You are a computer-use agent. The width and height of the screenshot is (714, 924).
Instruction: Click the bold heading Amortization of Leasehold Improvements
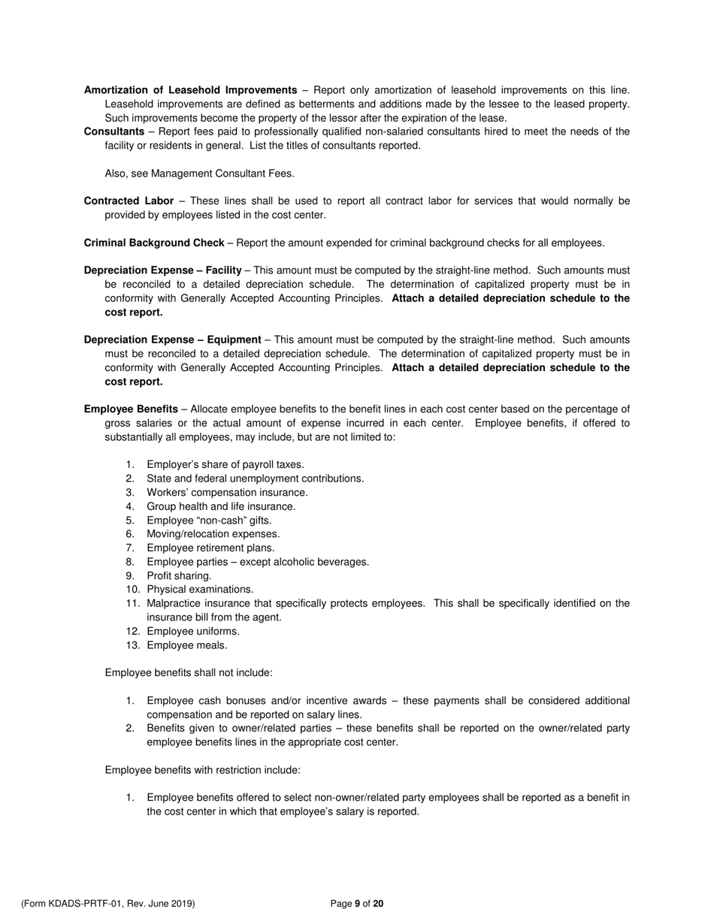coord(190,90)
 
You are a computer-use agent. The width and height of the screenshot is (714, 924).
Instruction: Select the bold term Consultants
coord(113,131)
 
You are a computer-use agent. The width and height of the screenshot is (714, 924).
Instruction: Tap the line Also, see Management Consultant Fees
coord(199,174)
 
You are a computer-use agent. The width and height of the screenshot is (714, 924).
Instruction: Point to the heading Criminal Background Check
coord(153,243)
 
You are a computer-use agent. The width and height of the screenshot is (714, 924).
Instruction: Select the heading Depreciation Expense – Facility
coord(162,270)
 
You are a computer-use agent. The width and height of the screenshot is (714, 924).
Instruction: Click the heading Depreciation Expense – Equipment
coord(172,340)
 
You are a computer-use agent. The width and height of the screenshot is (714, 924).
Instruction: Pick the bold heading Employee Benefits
coord(131,409)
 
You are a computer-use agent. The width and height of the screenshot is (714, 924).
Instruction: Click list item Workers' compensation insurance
coord(227,493)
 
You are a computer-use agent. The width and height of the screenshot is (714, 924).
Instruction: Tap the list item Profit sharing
coord(179,576)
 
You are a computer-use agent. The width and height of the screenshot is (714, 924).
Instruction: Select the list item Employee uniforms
coord(193,631)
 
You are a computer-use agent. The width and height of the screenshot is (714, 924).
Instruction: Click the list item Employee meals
coord(186,645)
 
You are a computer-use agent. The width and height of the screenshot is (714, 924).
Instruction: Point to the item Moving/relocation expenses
coord(213,534)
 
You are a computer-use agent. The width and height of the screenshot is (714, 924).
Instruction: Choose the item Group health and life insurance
coord(221,506)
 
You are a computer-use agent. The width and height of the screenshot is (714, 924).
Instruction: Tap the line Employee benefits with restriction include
coord(202,770)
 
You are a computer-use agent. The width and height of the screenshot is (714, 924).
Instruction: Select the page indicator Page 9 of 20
coord(357,904)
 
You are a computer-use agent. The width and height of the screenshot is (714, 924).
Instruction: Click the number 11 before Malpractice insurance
coord(133,604)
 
